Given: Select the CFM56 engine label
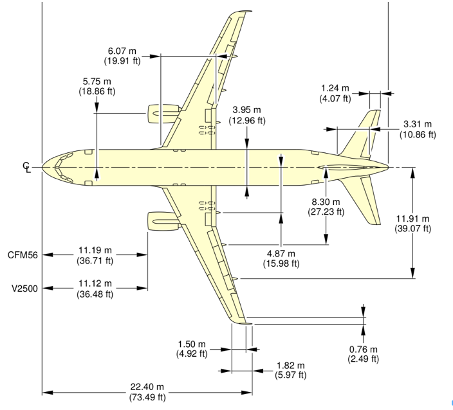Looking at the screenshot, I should click(x=23, y=255).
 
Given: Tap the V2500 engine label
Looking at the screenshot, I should click(x=23, y=288).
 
